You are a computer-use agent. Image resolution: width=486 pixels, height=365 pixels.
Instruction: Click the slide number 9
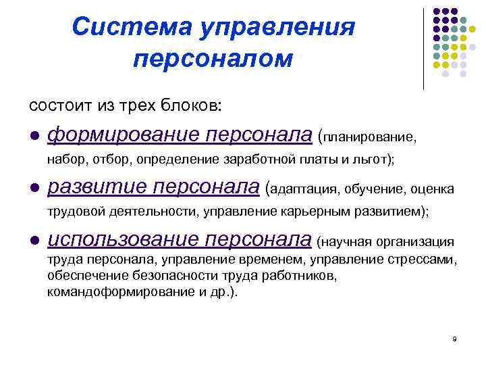point(455,338)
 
